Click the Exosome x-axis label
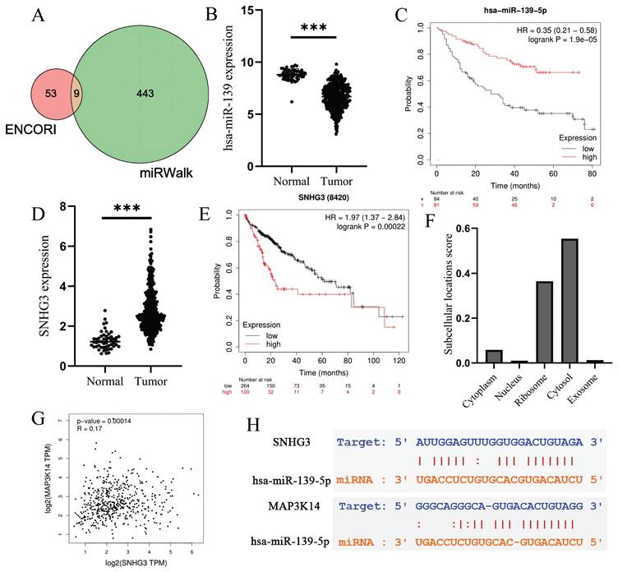(598, 383)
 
